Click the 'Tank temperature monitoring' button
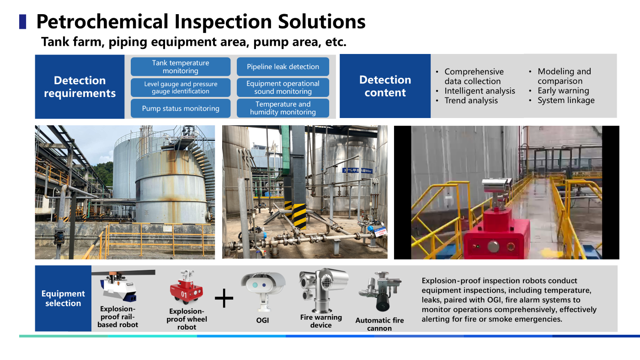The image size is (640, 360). pyautogui.click(x=181, y=67)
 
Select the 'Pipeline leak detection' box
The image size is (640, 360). pyautogui.click(x=283, y=67)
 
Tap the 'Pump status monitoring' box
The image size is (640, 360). pyautogui.click(x=181, y=108)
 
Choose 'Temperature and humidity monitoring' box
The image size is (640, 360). pyautogui.click(x=283, y=108)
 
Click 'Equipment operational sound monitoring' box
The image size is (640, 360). pyautogui.click(x=283, y=87)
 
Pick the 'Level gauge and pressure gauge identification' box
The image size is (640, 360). pyautogui.click(x=181, y=87)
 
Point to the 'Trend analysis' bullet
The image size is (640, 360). pyautogui.click(x=471, y=101)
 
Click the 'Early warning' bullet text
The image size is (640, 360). pyautogui.click(x=563, y=91)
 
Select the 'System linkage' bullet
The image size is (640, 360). pyautogui.click(x=566, y=100)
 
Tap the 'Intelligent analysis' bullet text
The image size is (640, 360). pyautogui.click(x=480, y=91)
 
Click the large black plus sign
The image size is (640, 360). pyautogui.click(x=224, y=298)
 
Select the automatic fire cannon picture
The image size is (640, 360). pyautogui.click(x=380, y=291)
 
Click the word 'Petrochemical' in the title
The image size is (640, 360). pyautogui.click(x=102, y=22)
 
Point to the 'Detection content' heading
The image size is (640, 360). pyautogui.click(x=385, y=86)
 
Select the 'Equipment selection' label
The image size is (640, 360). pyautogui.click(x=63, y=298)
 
